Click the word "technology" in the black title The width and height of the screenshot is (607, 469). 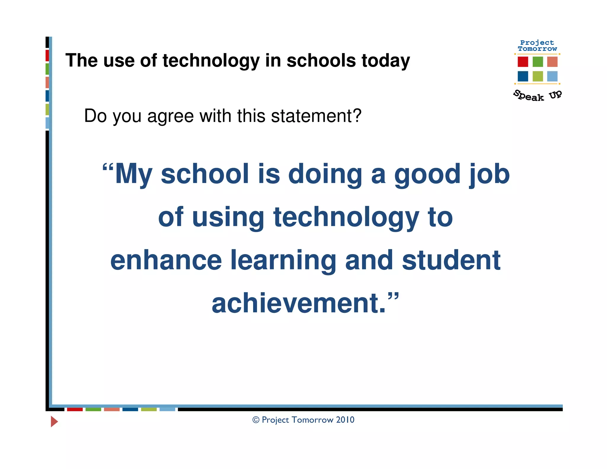tap(211, 61)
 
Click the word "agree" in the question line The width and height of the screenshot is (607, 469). tap(170, 116)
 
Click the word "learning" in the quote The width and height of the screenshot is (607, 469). tap(283, 261)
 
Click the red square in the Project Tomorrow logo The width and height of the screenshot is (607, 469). tap(523, 62)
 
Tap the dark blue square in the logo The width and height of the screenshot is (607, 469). tap(523, 76)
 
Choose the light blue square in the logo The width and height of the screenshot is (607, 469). tap(552, 76)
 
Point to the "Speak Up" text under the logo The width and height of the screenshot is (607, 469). tap(537, 95)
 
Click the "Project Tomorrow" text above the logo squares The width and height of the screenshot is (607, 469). tap(537, 46)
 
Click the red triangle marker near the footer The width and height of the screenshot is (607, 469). tap(54, 421)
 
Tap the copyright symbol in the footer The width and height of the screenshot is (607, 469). tap(256, 420)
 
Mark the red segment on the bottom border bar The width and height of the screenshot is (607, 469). tap(75, 409)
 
